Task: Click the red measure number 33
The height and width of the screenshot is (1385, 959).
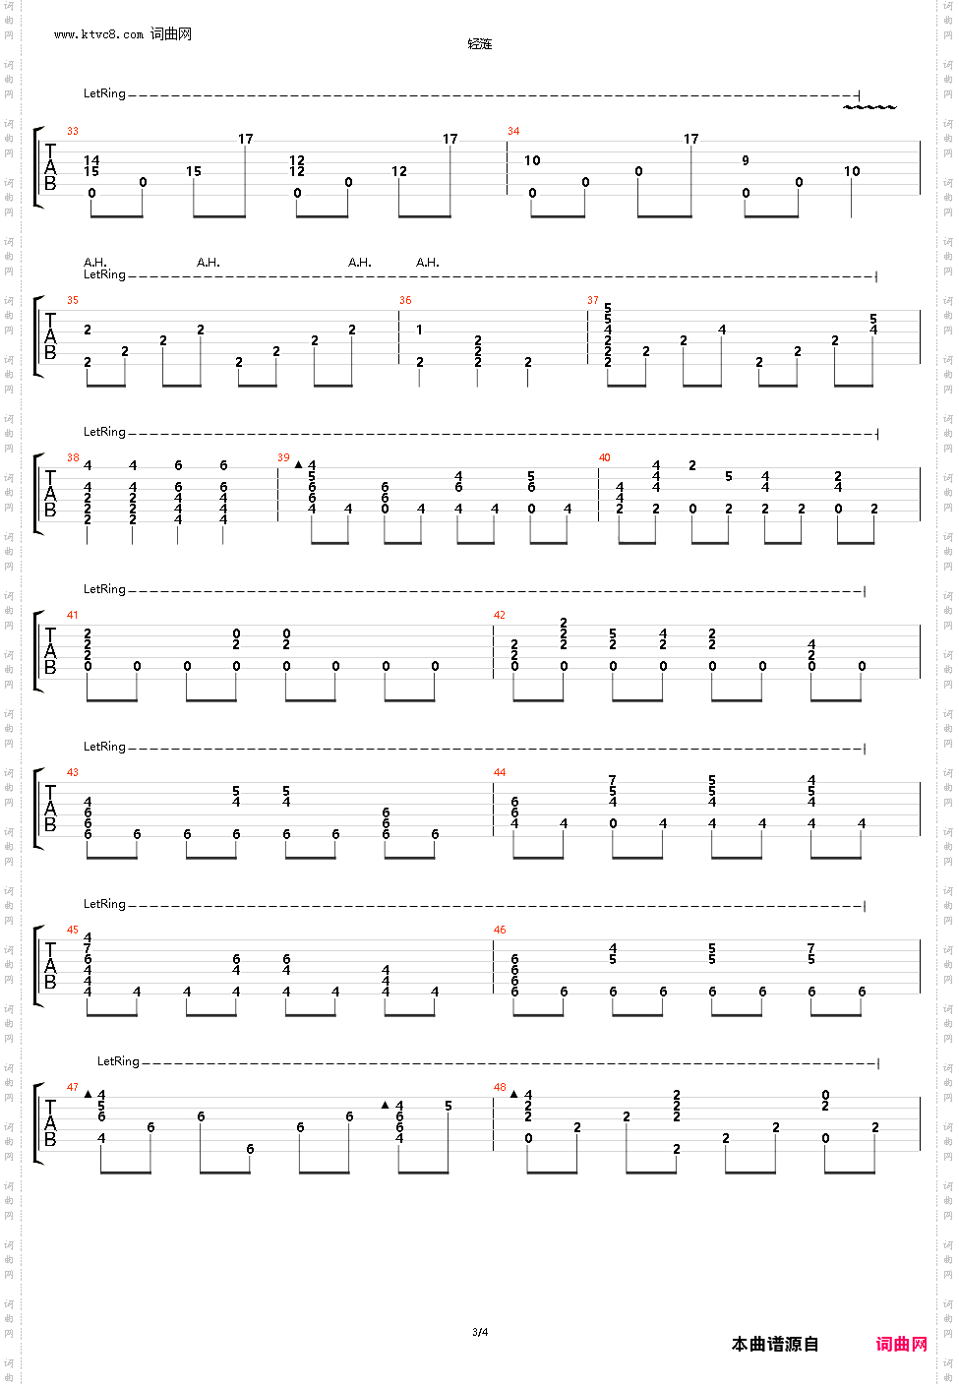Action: point(73,132)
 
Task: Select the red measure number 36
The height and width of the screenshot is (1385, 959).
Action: point(405,301)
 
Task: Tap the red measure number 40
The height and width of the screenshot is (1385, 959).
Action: point(604,458)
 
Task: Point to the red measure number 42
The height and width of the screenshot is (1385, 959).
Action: point(500,616)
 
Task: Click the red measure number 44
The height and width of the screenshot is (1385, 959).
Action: point(500,773)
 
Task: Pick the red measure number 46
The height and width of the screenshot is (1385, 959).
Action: point(500,931)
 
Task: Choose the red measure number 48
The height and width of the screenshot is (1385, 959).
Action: point(500,1088)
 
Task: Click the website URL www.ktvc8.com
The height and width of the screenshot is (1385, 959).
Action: point(98,34)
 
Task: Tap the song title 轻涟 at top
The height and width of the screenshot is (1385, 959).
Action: point(480,44)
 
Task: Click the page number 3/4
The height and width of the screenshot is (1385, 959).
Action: point(480,1333)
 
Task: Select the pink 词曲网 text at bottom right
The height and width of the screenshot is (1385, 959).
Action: point(902,1344)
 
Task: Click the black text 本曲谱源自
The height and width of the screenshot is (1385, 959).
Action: point(775,1344)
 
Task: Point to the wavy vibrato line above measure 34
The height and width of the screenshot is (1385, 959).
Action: point(869,106)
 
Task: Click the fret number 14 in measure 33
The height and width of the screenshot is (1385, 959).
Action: point(91,160)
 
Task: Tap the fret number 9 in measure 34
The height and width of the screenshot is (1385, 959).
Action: point(746,160)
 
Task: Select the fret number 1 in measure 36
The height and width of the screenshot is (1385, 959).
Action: point(419,330)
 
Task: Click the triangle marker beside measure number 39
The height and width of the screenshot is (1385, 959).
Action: point(298,464)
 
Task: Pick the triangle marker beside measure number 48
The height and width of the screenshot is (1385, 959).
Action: point(513,1094)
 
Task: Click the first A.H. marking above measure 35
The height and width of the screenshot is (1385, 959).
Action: point(95,263)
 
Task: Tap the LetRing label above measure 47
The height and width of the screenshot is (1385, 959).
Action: point(118,1061)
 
